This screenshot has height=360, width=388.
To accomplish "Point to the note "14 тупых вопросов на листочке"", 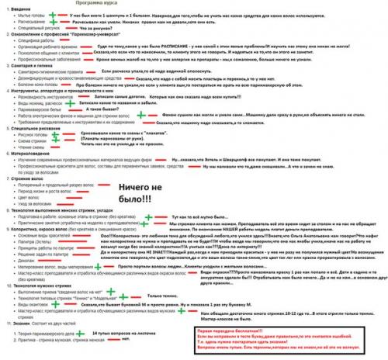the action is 123,333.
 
